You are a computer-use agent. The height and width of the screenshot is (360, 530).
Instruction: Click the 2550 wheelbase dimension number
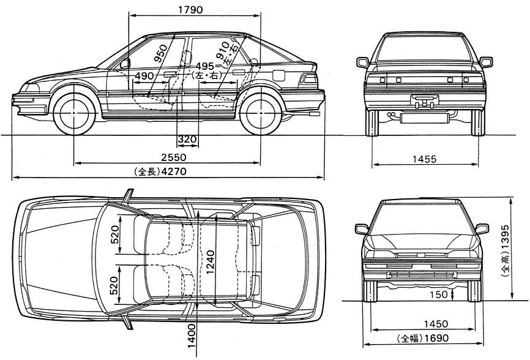pyautogui.click(x=174, y=157)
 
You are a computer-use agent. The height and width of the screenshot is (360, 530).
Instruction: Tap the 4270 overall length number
pyautogui.click(x=174, y=171)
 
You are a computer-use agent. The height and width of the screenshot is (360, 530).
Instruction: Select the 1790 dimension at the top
pyautogui.click(x=190, y=10)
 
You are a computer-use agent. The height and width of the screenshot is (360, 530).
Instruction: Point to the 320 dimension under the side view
pyautogui.click(x=187, y=139)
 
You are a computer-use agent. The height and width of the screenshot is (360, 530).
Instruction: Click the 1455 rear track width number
pyautogui.click(x=424, y=159)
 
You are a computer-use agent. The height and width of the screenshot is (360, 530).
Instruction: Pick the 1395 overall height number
pyautogui.click(x=506, y=238)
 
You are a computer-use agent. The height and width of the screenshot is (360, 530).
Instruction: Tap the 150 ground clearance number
pyautogui.click(x=438, y=294)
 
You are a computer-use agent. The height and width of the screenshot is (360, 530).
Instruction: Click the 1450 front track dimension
pyautogui.click(x=436, y=324)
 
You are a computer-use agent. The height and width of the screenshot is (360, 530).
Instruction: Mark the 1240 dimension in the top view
pyautogui.click(x=210, y=263)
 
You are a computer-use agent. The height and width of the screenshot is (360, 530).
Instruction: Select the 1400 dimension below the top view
pyautogui.click(x=192, y=336)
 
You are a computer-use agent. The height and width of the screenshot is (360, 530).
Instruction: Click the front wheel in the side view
pyautogui.click(x=74, y=112)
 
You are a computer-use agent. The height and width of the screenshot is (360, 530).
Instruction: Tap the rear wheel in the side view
pyautogui.click(x=261, y=112)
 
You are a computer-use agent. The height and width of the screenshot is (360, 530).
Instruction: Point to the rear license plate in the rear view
pyautogui.click(x=424, y=100)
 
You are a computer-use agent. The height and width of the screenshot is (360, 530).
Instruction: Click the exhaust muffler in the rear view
pyautogui.click(x=422, y=118)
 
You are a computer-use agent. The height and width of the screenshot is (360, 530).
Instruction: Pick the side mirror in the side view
pyautogui.click(x=125, y=63)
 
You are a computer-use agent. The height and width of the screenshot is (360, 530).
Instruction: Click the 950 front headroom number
pyautogui.click(x=160, y=53)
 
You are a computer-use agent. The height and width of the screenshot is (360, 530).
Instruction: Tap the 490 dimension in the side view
pyautogui.click(x=144, y=76)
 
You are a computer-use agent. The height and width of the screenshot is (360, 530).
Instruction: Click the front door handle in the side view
pyautogui.click(x=170, y=74)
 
